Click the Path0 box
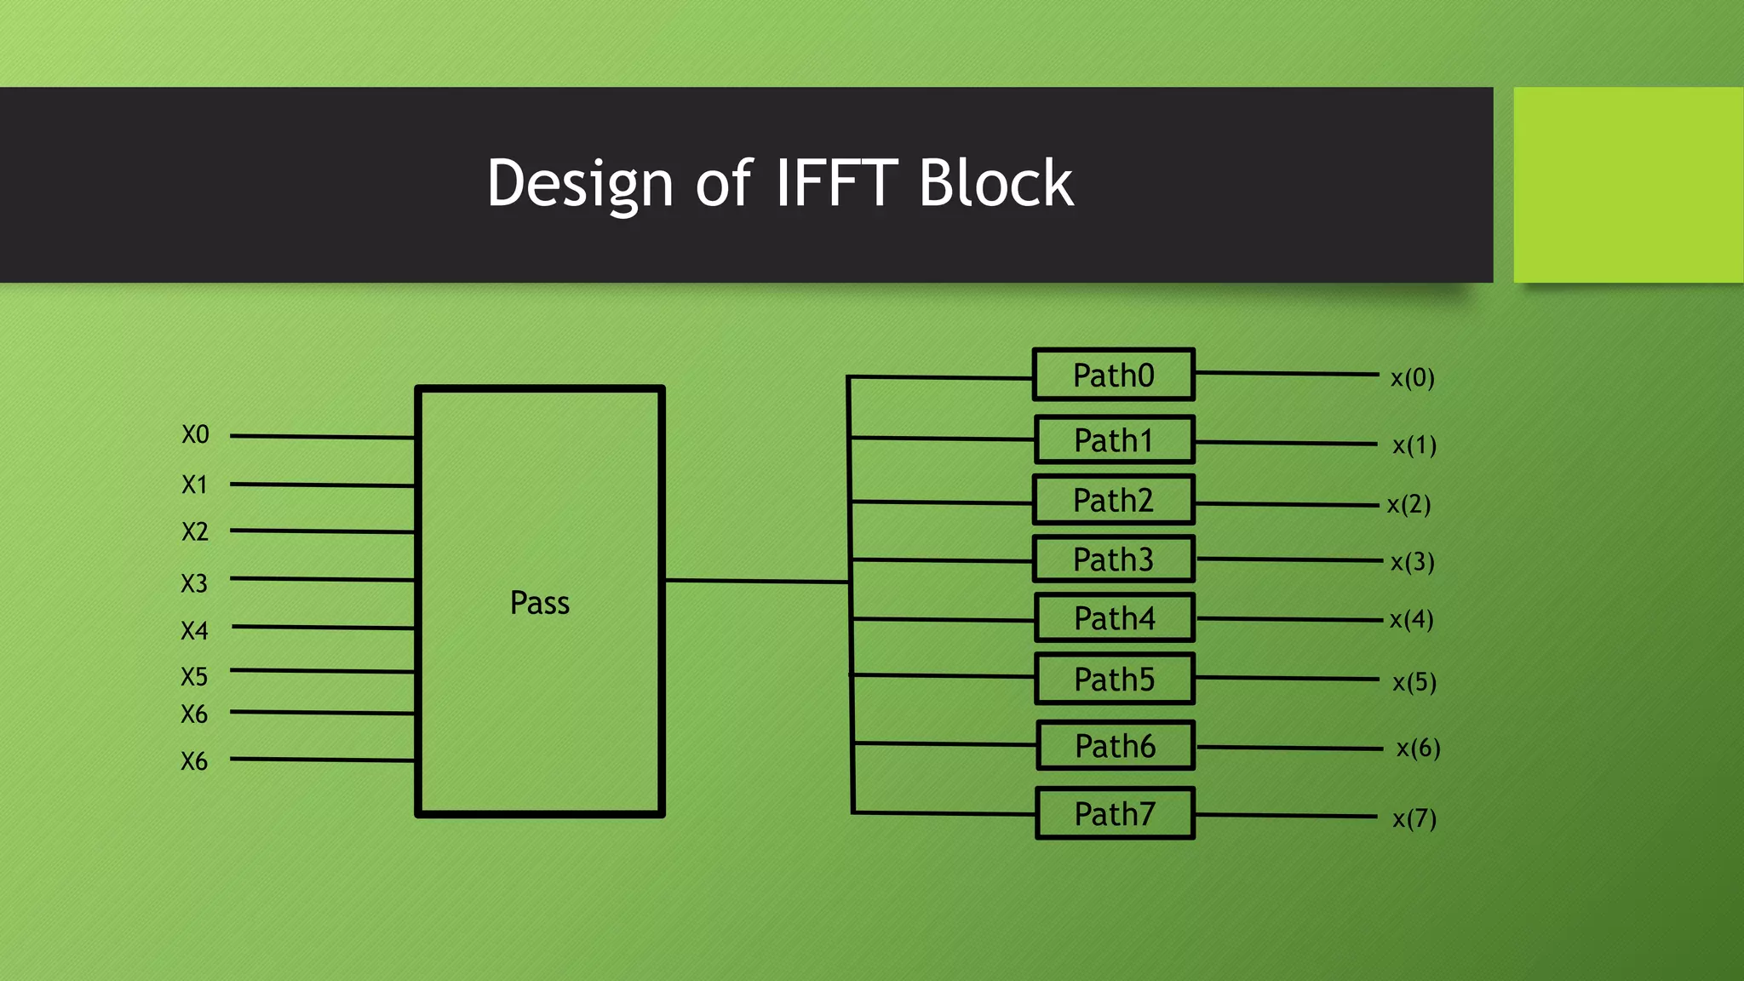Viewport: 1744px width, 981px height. (x=1113, y=375)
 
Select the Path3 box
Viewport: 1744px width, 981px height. (x=1113, y=559)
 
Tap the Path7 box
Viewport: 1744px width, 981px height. (x=1114, y=814)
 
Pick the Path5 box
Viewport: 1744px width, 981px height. (x=1114, y=680)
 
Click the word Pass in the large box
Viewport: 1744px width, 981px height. (x=539, y=603)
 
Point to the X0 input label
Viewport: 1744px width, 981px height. (x=195, y=435)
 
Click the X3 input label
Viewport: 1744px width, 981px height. (x=194, y=583)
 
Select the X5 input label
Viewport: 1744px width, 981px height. (x=194, y=677)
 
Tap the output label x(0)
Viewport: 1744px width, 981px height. (x=1412, y=377)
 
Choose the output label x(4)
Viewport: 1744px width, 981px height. (x=1411, y=619)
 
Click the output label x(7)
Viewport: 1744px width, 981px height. (x=1414, y=818)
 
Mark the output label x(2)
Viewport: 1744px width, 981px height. (x=1408, y=504)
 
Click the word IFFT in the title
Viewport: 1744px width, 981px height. (x=835, y=183)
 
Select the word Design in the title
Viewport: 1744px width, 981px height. (x=580, y=185)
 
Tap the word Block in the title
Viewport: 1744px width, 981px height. (x=995, y=183)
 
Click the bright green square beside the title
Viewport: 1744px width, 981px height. (x=1627, y=185)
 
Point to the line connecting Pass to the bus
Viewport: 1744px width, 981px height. (x=756, y=581)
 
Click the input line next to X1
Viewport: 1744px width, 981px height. (x=322, y=485)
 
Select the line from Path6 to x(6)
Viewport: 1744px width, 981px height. (x=1288, y=748)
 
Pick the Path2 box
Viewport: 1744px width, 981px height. (x=1113, y=501)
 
